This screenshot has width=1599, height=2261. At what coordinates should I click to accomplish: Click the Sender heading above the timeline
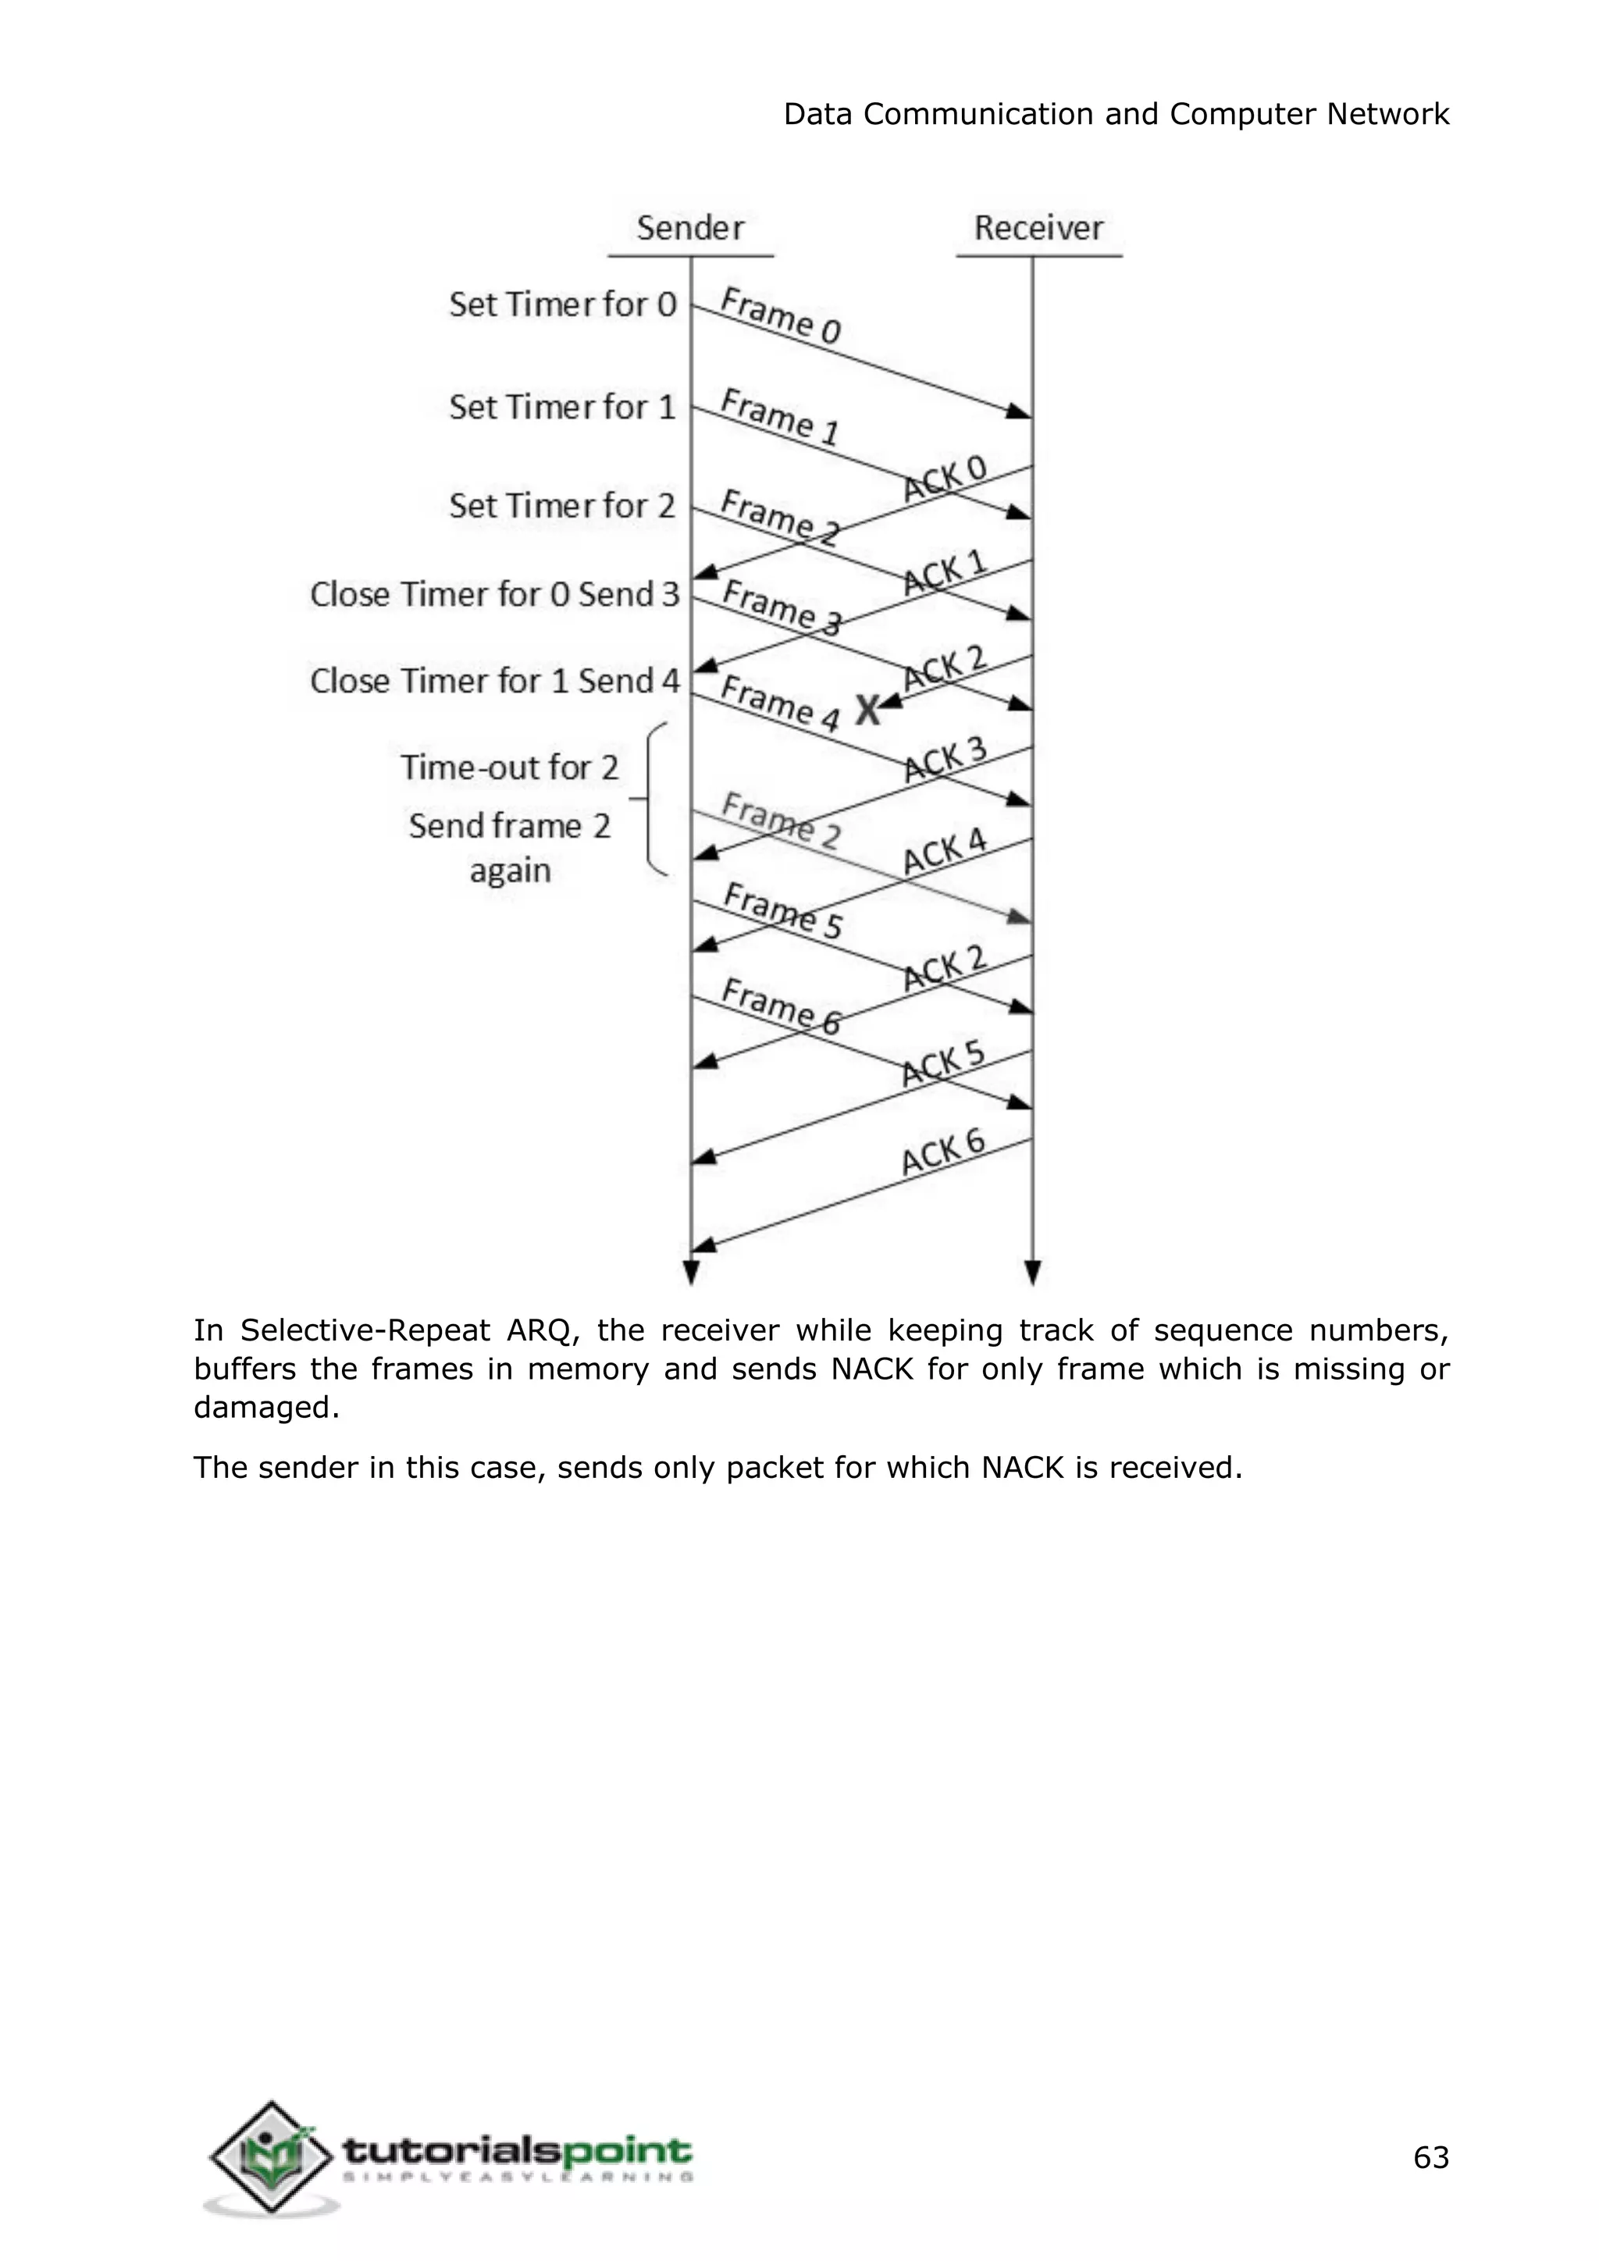(690, 229)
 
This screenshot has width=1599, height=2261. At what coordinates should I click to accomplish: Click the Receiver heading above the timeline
(1038, 229)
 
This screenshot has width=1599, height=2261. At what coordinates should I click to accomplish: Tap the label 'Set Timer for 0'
(563, 305)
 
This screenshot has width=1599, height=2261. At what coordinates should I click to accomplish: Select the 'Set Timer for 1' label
(563, 407)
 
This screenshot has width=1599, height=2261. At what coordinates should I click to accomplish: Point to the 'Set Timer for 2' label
(563, 506)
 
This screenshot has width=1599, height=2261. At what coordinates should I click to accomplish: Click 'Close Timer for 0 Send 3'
(494, 595)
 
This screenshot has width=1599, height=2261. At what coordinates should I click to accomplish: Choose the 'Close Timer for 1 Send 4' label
(494, 682)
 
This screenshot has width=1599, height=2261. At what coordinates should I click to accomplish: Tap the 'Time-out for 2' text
(509, 767)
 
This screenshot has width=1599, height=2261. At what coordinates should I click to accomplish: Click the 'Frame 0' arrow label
(781, 316)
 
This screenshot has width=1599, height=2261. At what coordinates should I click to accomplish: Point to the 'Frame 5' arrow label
(783, 911)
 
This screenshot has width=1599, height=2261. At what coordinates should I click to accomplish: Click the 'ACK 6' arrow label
(942, 1153)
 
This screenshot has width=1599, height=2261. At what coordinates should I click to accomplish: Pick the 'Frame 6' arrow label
(781, 1007)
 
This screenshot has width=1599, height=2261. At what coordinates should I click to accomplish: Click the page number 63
(1430, 2158)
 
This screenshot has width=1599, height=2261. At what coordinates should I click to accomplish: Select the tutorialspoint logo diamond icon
(271, 2156)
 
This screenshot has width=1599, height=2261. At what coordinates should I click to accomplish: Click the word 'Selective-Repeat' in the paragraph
(365, 1331)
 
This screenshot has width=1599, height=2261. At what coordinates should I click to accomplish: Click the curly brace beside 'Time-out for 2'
(653, 799)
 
